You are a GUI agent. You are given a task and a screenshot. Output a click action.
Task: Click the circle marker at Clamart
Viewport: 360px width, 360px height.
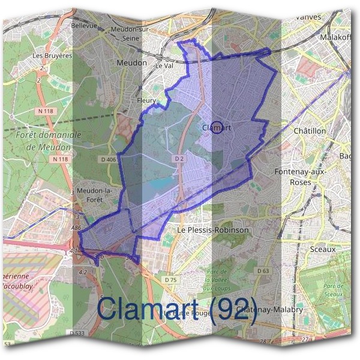pos(218,127)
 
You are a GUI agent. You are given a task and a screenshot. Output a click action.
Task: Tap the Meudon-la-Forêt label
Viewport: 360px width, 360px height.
pos(95,196)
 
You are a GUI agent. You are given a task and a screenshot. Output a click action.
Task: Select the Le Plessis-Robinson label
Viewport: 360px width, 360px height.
pos(212,230)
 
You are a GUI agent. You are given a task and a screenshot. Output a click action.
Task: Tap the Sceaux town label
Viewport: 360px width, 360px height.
pos(323,248)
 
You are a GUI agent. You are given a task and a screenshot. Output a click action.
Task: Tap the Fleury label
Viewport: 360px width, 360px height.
pos(146,101)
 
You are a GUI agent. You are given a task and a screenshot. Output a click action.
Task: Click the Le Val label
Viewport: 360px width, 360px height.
pos(164,67)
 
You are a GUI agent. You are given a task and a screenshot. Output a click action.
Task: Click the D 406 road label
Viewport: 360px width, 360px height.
pos(108,159)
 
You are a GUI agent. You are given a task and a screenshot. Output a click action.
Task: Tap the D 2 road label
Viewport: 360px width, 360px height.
pos(179,158)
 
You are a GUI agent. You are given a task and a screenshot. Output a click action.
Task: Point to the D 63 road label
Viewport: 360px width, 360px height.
pos(263,271)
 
